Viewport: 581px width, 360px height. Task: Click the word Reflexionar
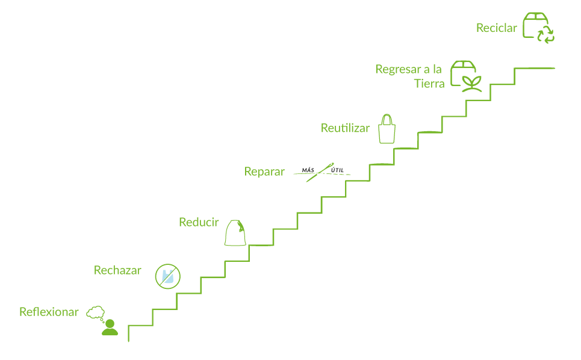[x=49, y=312]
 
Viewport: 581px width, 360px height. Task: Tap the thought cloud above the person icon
[x=96, y=312]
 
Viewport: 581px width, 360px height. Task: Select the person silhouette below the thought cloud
[x=110, y=328]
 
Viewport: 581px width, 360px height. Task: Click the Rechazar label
[x=117, y=270]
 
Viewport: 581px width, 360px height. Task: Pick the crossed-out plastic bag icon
[x=167, y=276]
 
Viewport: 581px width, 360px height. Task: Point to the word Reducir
[x=199, y=222]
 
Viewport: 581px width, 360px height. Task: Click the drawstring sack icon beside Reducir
[x=236, y=233]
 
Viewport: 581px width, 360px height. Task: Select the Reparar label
[x=264, y=172]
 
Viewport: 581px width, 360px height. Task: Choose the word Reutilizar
[x=345, y=128]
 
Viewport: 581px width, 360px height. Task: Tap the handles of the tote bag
[x=387, y=119]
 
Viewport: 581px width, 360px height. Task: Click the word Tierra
[x=429, y=84]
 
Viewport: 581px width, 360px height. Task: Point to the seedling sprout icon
[x=472, y=83]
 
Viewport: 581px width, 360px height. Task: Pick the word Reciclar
[x=496, y=28]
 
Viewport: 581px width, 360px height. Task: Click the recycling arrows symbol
[x=545, y=34]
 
